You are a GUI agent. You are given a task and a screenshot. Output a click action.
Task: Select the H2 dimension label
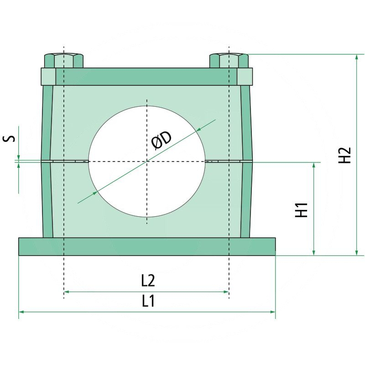(345, 155)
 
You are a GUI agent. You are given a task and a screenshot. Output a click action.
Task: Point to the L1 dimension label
(147, 301)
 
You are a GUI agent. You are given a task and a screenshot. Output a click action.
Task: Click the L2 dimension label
(147, 280)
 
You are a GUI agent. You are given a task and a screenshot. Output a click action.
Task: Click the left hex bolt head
(64, 61)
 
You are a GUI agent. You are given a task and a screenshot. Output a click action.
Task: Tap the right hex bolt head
(229, 61)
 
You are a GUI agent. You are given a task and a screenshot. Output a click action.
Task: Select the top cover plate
(146, 77)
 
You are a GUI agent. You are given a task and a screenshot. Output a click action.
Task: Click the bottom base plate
(147, 246)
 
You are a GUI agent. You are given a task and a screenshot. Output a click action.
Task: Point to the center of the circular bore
(147, 161)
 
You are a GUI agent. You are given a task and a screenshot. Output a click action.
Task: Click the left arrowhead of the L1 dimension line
(21, 312)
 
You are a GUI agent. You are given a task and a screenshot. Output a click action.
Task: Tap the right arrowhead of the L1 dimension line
(273, 312)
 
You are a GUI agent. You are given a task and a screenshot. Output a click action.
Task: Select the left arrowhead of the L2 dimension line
(67, 292)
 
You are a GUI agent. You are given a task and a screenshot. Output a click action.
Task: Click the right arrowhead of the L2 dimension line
(226, 292)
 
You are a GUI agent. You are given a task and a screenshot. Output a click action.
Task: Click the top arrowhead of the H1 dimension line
(314, 165)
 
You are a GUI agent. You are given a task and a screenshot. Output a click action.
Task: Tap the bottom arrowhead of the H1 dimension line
(314, 252)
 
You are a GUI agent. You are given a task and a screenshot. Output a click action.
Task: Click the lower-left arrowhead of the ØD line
(94, 193)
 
